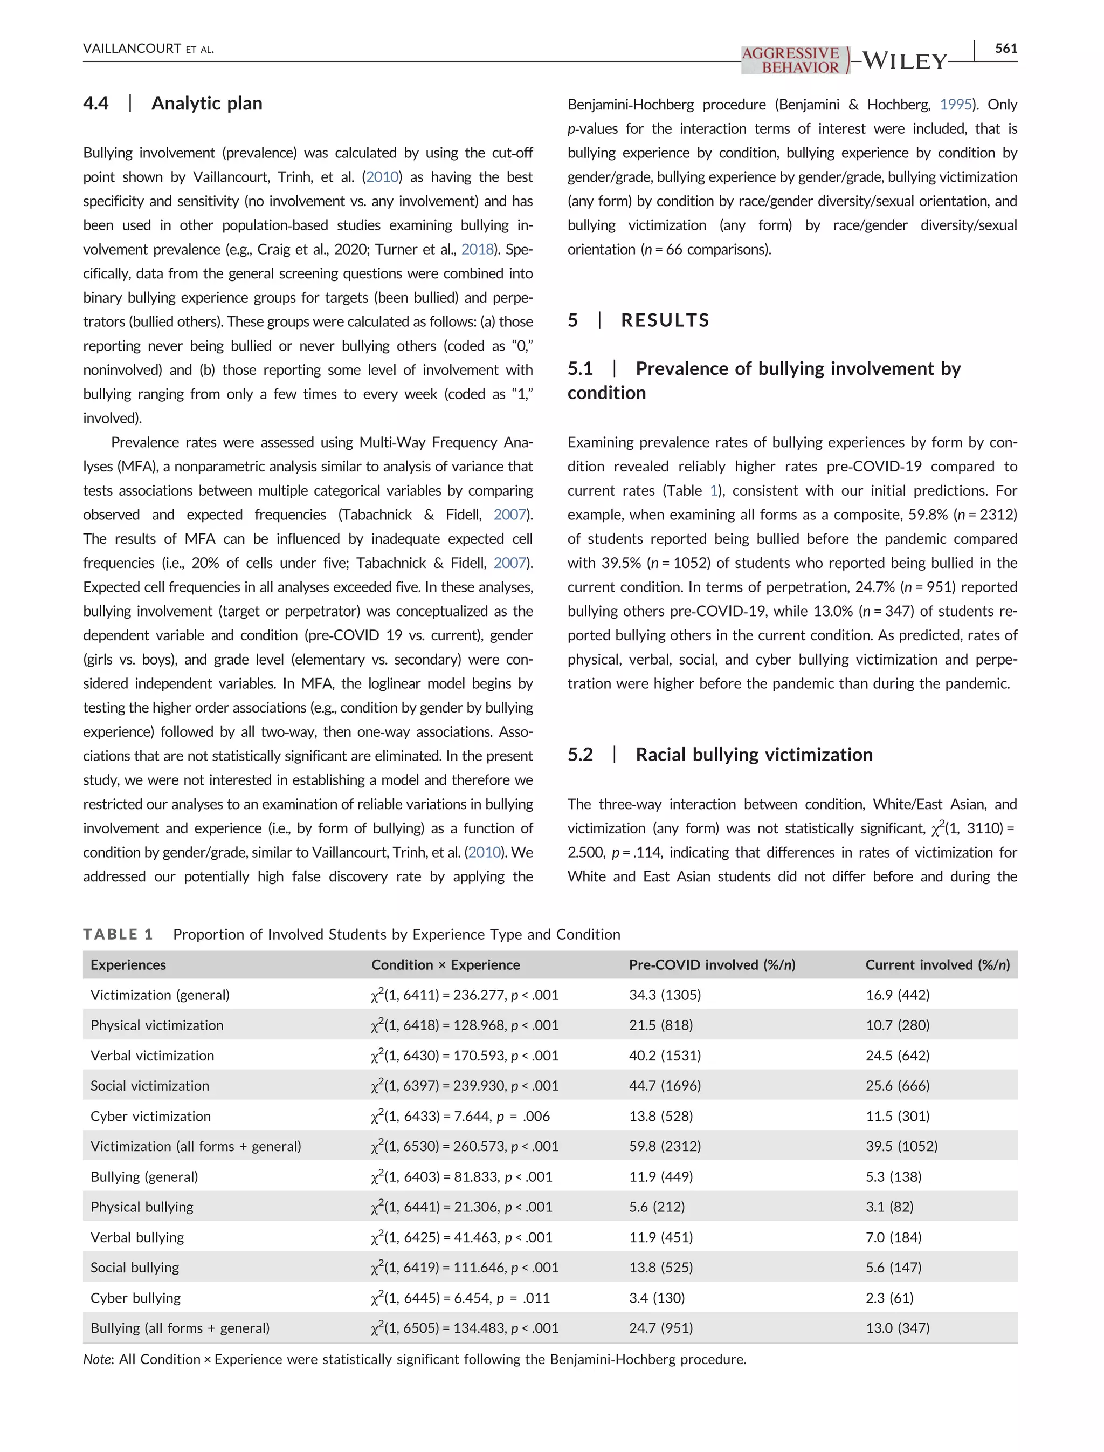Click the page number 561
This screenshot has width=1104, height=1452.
(1005, 48)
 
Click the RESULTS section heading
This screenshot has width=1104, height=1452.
(665, 320)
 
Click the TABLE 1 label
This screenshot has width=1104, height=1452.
(118, 934)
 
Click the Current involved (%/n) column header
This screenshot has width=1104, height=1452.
(937, 965)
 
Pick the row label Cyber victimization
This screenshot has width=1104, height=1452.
(150, 1116)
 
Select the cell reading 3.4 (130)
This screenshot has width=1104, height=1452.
(657, 1297)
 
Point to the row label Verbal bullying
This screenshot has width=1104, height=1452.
(137, 1237)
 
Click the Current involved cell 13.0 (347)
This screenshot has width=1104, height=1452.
(897, 1328)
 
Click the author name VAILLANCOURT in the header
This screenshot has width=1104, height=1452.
(132, 49)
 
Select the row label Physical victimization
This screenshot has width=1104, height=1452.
(156, 1025)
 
